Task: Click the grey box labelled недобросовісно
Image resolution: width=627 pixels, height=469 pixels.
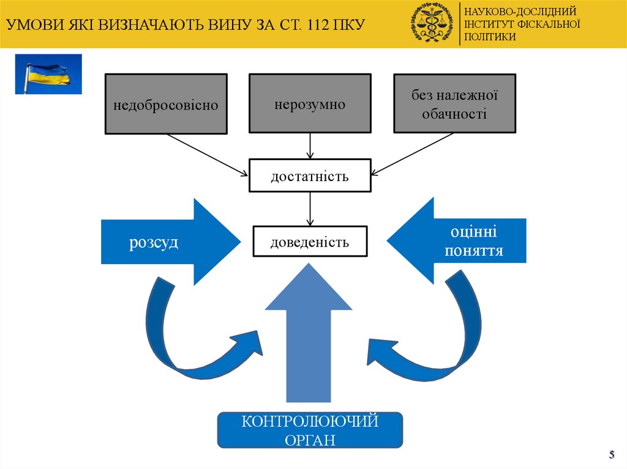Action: tap(166, 104)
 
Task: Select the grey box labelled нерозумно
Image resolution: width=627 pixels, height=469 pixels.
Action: tap(310, 103)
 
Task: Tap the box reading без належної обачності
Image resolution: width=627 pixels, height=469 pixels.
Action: tap(454, 103)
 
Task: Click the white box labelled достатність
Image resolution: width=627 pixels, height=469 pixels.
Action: tap(310, 176)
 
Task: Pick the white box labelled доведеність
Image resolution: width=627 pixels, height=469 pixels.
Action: tap(310, 242)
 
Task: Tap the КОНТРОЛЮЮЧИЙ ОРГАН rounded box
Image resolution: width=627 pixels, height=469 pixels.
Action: tap(310, 430)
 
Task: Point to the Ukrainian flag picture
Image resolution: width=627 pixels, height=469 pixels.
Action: tap(48, 74)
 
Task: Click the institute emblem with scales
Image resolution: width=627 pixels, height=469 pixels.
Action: tap(434, 23)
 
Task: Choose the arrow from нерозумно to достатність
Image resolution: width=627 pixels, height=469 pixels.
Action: tap(310, 146)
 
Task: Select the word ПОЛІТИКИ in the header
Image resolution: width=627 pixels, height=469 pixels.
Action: tap(490, 37)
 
